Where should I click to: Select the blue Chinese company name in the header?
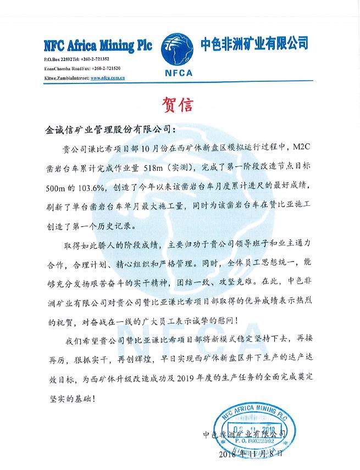(253, 43)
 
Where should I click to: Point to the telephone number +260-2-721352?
(95, 59)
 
